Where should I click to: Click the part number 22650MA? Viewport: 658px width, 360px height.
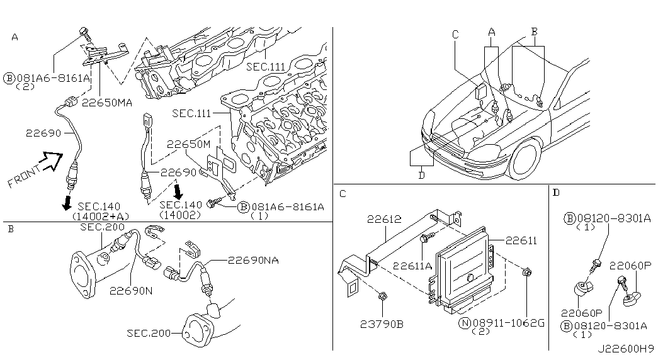click(107, 103)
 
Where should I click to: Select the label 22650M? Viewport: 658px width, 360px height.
click(188, 144)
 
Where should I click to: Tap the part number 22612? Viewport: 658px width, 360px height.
click(384, 219)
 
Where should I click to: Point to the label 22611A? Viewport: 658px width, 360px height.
click(412, 266)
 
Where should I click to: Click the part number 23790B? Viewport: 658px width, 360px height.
click(382, 324)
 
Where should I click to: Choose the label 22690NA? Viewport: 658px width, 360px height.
click(254, 261)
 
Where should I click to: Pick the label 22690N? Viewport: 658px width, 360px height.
click(131, 290)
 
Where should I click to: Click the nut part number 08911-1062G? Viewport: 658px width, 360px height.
click(509, 323)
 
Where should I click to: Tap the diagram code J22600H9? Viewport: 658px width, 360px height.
click(626, 349)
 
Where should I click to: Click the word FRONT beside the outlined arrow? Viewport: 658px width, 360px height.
click(24, 176)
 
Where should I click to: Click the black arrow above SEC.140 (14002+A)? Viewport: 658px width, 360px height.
click(66, 203)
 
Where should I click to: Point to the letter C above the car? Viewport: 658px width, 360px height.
click(456, 35)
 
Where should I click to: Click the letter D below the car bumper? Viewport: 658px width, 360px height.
click(421, 176)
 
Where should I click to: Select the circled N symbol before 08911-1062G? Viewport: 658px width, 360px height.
click(465, 323)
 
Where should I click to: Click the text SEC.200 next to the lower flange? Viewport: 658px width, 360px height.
click(149, 334)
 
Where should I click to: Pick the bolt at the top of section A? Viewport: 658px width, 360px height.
click(84, 33)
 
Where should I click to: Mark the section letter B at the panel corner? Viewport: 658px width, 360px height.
click(11, 230)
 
